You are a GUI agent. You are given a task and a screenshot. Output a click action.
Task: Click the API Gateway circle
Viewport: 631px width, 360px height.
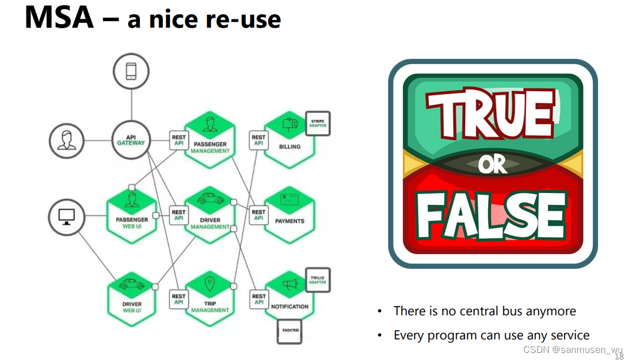coord(131,140)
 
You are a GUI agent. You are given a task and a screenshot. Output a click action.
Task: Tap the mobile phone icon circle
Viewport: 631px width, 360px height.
coord(131,72)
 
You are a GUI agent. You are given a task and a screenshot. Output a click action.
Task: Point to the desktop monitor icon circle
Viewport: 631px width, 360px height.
coord(66,218)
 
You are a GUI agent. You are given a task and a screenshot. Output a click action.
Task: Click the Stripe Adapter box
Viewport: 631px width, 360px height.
coord(318,124)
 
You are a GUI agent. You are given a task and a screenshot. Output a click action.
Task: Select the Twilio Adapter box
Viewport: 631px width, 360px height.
coord(318,280)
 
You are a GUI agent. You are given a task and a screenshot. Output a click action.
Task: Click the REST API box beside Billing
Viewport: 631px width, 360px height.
coord(259,140)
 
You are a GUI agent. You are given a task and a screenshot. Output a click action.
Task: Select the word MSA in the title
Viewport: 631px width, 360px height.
coord(59,18)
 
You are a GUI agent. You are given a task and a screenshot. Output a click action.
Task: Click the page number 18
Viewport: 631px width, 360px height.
coord(619,356)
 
